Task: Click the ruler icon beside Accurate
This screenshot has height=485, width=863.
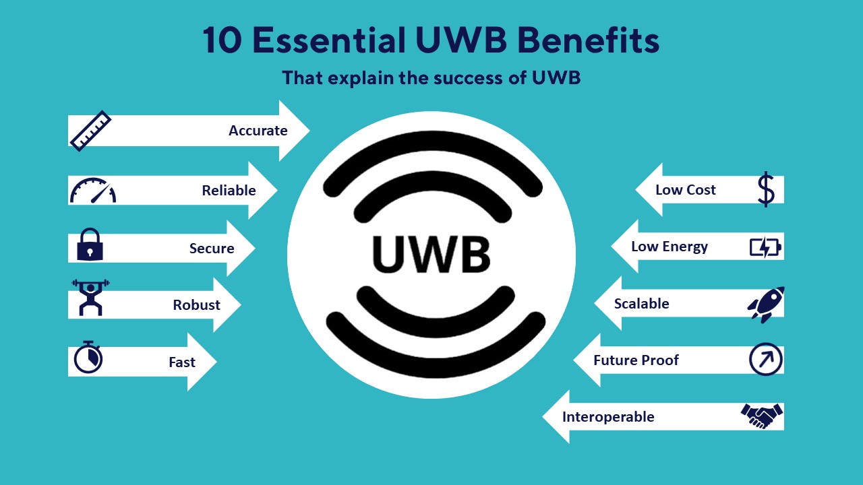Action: click(x=90, y=131)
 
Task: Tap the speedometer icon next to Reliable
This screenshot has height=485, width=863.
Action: click(x=93, y=191)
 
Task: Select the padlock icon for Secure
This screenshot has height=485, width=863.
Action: click(x=90, y=245)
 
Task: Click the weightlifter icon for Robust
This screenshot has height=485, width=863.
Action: click(x=90, y=298)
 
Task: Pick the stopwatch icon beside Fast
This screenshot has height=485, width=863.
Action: click(x=88, y=357)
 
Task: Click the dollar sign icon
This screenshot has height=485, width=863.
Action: click(x=766, y=189)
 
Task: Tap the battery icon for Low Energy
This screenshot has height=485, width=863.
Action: click(x=765, y=247)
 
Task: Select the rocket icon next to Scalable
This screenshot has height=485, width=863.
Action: click(x=766, y=304)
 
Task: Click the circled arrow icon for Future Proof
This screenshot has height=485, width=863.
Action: click(x=766, y=360)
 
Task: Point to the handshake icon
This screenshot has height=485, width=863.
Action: click(x=762, y=416)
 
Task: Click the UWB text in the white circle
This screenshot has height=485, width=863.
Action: click(x=431, y=254)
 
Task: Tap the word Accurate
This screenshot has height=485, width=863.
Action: click(x=258, y=131)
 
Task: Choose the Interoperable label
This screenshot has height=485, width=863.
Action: click(x=608, y=417)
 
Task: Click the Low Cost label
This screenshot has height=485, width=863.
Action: click(x=685, y=190)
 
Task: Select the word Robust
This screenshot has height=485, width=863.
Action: click(x=196, y=305)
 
